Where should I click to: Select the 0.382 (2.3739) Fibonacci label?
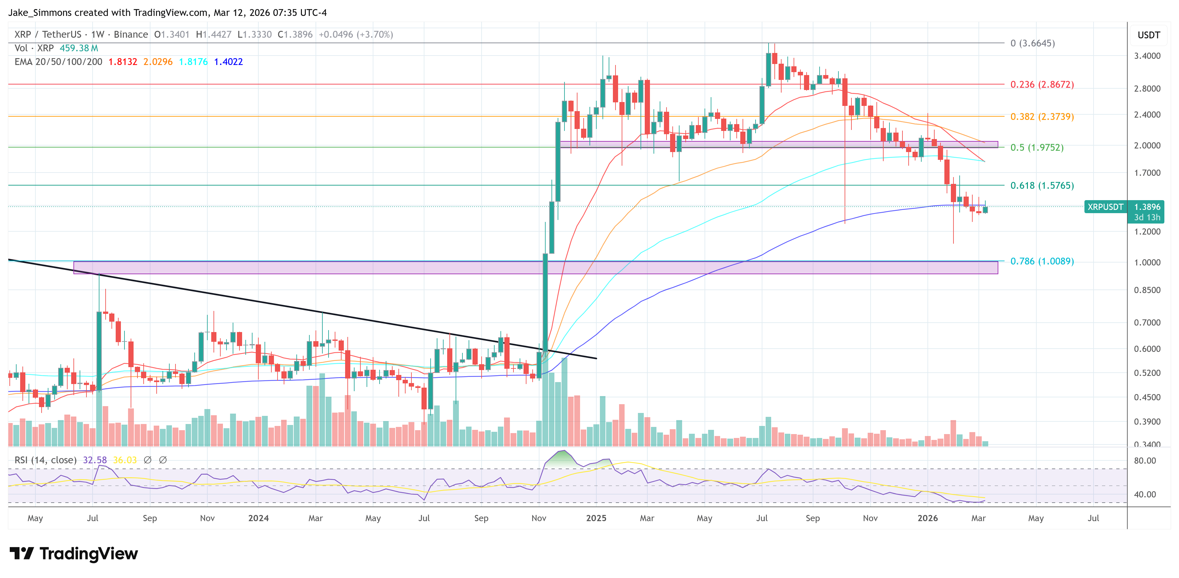1042,116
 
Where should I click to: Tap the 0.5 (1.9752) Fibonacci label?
1037,148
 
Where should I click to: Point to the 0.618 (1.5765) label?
1042,185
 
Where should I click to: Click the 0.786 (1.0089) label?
1042,261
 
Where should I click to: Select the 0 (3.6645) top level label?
1032,43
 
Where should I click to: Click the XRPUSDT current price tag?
1105,207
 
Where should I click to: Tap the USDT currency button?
1148,35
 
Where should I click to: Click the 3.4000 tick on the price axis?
1147,56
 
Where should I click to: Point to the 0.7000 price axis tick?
1147,322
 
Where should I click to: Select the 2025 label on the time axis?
596,518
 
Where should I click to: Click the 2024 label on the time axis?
258,518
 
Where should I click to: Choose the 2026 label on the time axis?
927,518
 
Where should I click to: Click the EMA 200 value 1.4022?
228,62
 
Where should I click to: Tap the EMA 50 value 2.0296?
158,62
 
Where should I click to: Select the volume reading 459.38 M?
79,48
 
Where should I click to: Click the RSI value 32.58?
95,460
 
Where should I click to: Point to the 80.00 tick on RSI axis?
1145,460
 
